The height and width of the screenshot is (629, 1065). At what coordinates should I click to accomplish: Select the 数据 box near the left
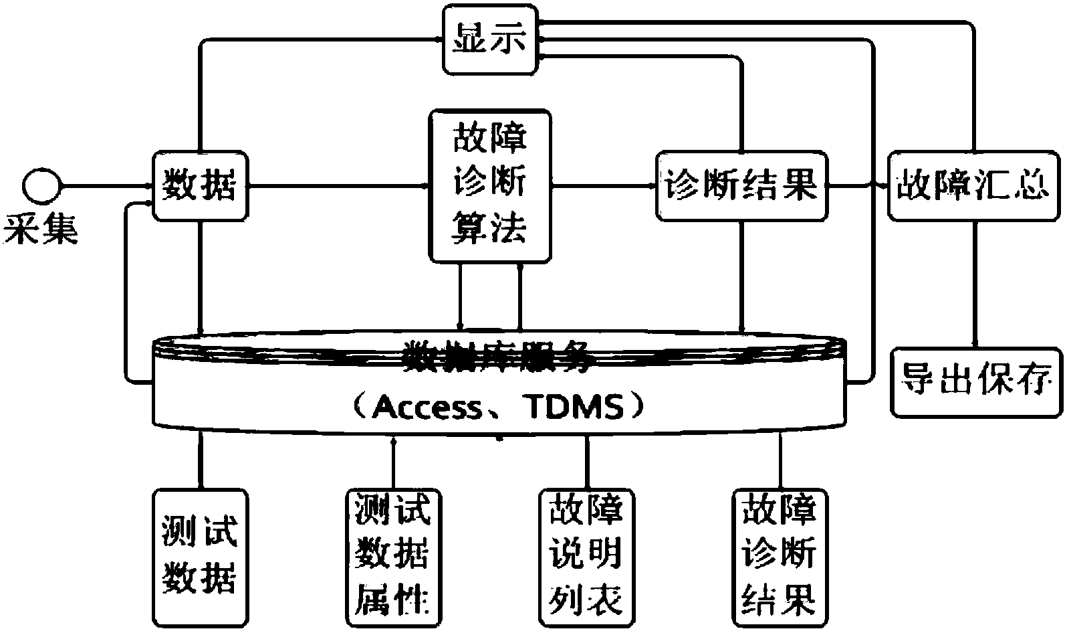pyautogui.click(x=199, y=185)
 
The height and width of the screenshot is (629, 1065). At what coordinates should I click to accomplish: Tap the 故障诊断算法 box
pyautogui.click(x=490, y=187)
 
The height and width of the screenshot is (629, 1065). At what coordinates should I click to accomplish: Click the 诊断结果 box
pyautogui.click(x=741, y=185)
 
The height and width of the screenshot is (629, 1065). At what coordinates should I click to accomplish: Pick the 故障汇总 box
pyautogui.click(x=973, y=185)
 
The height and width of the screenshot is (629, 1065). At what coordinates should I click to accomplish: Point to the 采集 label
pyautogui.click(x=41, y=229)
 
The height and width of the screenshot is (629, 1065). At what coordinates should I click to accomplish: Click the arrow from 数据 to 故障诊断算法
pyautogui.click(x=338, y=185)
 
